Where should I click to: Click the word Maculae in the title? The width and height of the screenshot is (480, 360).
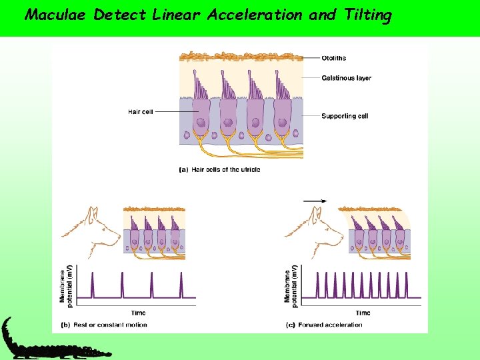click(x=56, y=15)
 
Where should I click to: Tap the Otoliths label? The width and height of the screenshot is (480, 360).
click(x=335, y=59)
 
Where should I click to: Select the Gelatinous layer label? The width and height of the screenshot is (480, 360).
click(x=346, y=78)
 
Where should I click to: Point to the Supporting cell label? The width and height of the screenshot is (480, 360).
click(x=345, y=116)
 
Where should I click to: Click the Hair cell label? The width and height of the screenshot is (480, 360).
click(x=140, y=111)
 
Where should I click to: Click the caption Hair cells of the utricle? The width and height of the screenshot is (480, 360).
click(x=220, y=169)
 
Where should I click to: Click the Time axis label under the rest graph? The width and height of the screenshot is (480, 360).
click(x=138, y=313)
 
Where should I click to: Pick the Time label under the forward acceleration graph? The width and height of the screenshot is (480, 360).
click(x=363, y=313)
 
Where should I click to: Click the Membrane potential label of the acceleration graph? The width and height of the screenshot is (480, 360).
click(x=290, y=283)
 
